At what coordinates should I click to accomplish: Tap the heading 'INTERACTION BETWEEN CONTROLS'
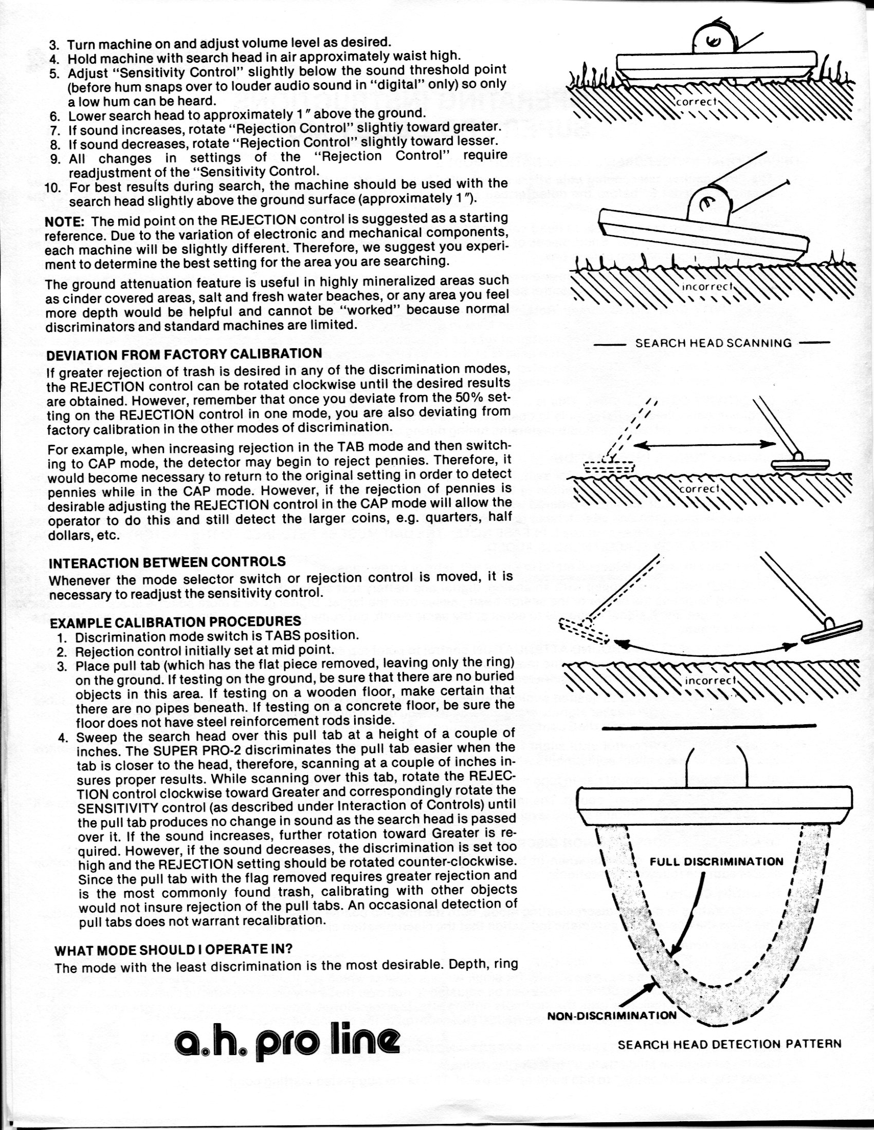pos(167,562)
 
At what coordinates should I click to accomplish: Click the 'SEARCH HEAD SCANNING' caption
pos(713,343)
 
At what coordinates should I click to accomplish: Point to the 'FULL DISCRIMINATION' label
pos(717,861)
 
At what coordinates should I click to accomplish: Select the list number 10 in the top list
pos(53,187)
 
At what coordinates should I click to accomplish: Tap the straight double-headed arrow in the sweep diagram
pos(705,445)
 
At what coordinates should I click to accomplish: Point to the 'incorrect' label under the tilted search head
pos(707,287)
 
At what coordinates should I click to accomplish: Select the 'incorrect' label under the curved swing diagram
pos(710,681)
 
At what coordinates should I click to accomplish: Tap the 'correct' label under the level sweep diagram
pos(700,488)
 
